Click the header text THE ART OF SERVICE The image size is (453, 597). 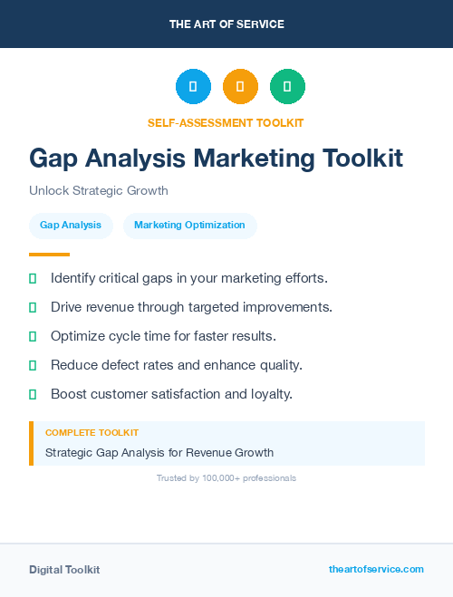(226, 24)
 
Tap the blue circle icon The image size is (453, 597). (193, 86)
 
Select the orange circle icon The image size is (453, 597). (240, 86)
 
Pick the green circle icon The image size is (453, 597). (287, 86)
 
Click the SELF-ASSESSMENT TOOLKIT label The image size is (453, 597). (226, 122)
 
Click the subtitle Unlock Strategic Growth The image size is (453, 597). (99, 191)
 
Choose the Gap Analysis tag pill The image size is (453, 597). (71, 226)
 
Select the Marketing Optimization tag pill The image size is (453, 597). (189, 226)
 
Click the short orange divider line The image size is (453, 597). (49, 255)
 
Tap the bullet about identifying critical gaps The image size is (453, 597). (188, 277)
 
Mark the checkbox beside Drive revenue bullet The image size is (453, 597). (33, 307)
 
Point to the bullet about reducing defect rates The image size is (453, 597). (176, 365)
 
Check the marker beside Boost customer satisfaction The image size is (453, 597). (33, 394)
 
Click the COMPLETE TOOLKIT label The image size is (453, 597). (92, 433)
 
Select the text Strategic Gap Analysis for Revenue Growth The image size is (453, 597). (159, 452)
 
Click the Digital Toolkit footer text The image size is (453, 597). (64, 570)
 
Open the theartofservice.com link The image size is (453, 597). (376, 569)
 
